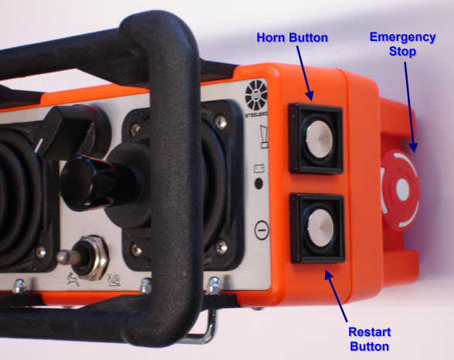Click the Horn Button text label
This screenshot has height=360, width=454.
point(292,38)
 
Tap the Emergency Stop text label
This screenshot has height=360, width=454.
point(402,44)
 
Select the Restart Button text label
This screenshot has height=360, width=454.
point(369,339)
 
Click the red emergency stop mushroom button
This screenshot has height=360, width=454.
point(400,190)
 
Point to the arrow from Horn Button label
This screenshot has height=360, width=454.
point(305,73)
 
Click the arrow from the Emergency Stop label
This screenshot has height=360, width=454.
point(410,107)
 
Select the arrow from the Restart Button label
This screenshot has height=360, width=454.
point(336,295)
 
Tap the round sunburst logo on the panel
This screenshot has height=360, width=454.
point(256,95)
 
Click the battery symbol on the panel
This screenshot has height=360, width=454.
point(259,168)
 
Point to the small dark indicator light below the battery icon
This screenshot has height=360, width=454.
point(258,184)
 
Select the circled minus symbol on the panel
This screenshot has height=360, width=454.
point(262,230)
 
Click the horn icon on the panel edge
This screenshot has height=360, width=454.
point(264,137)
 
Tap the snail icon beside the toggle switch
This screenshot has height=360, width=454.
point(114,280)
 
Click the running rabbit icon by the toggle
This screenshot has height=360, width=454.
point(73,280)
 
